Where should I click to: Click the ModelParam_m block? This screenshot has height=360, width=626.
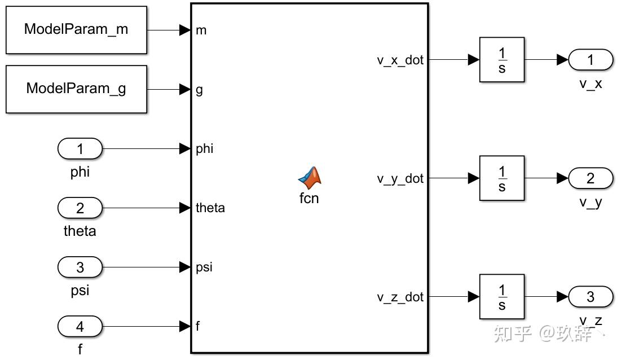pos(76,30)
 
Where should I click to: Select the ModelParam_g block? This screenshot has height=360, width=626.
pos(76,89)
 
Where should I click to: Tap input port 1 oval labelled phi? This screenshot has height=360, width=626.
pos(80,148)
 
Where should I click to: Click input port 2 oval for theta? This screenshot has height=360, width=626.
pos(80,208)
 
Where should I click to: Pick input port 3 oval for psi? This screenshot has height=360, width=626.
pos(80,267)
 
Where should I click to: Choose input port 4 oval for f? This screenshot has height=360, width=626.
pos(80,327)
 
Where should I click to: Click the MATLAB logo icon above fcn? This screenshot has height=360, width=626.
pos(310,178)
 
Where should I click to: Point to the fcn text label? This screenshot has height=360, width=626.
pos(309,198)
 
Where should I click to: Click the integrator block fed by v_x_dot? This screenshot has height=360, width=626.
pos(502,60)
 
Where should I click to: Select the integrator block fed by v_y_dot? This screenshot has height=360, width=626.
pos(502,178)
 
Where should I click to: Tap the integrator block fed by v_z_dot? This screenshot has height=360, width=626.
pos(502,296)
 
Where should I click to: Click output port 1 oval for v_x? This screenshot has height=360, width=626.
pos(590,60)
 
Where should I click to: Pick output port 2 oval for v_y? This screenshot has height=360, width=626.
pos(590,178)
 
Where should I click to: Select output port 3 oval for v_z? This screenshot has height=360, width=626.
pos(590,296)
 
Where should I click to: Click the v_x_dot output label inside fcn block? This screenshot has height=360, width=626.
pos(400,60)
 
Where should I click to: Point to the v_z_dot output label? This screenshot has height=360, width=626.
pos(400,297)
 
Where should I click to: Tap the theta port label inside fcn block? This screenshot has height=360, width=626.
pos(210,208)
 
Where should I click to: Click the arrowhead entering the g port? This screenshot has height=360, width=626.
pos(185,89)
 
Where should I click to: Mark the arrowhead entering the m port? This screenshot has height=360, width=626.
pos(185,30)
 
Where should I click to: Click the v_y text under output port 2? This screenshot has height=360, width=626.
pos(590,203)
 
